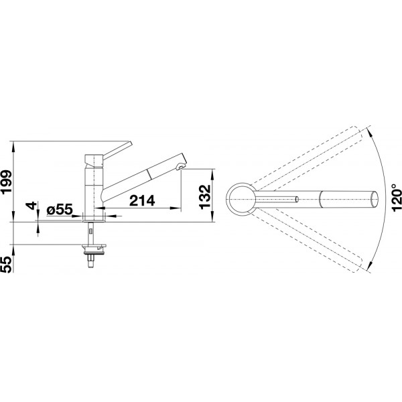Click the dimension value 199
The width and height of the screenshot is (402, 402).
[x=7, y=182]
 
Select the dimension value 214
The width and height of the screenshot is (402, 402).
[x=142, y=200]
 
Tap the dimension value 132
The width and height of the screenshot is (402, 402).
[x=205, y=197]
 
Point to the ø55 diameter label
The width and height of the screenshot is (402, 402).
[x=60, y=210]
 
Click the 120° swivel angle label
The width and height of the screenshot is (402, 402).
[x=397, y=198]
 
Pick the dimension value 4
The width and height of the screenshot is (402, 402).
[x=31, y=206]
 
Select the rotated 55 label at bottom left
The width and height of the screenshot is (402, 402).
[x=7, y=264]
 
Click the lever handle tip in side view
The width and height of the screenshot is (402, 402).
[x=130, y=143]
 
